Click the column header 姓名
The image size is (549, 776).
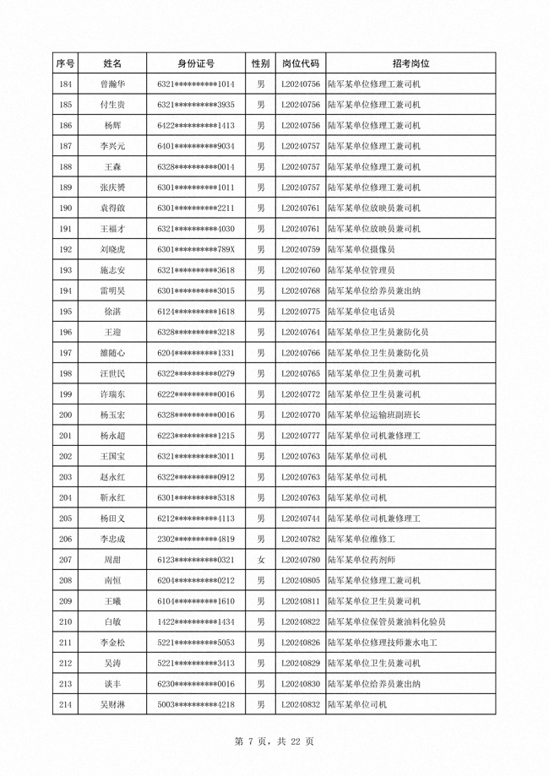112,63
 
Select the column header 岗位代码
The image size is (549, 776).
300,63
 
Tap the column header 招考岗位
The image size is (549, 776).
410,63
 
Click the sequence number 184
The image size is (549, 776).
65,84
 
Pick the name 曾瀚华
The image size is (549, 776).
112,84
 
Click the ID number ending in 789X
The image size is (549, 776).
195,250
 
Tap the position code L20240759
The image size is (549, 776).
300,250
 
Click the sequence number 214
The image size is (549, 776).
65,704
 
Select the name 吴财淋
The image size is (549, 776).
112,704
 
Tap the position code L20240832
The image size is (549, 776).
300,704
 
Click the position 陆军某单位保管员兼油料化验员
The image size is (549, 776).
387,621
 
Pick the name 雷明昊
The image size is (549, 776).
112,291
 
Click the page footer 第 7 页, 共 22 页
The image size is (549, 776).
274,741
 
